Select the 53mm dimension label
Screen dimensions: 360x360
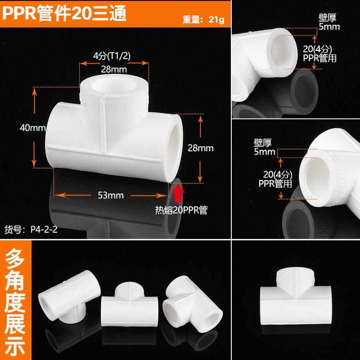(110, 195)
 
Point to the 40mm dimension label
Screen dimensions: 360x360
(33, 128)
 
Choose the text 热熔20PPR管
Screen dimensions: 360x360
(181, 210)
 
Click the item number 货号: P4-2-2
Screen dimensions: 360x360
(31, 229)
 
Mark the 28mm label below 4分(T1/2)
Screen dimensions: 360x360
(114, 69)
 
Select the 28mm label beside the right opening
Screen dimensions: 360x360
(200, 148)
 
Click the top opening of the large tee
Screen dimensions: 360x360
(113, 87)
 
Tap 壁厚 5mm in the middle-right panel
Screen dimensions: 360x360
(265, 147)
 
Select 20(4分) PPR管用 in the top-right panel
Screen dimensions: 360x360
(320, 54)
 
